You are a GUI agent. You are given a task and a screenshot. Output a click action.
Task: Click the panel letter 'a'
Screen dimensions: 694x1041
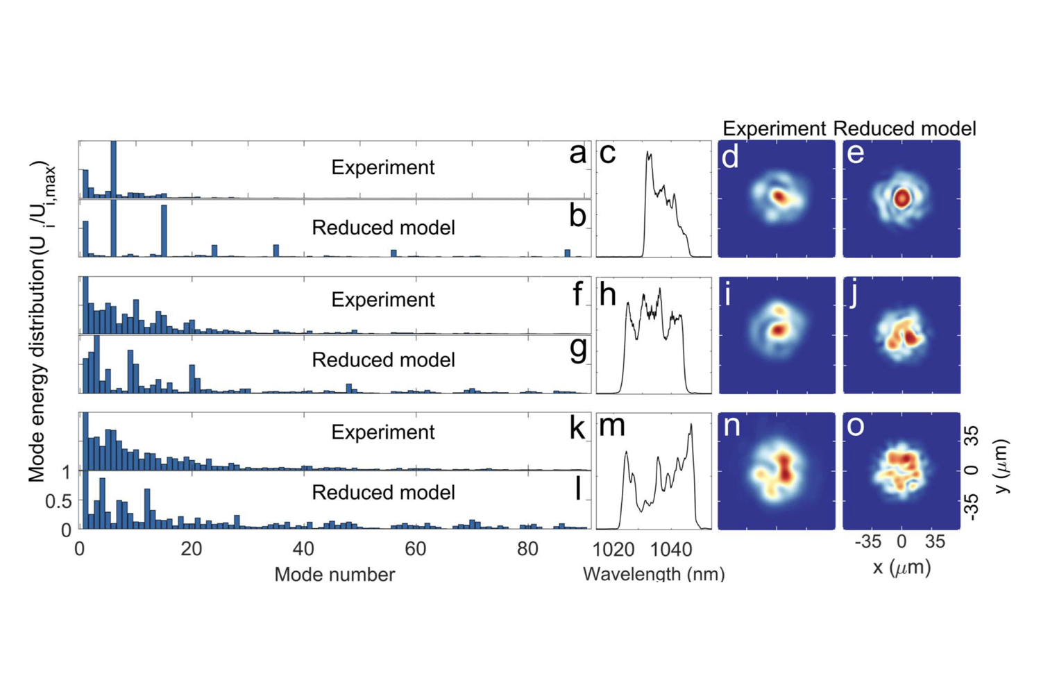tap(577, 153)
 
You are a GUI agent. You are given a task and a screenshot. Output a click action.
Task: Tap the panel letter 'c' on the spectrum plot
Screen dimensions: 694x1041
tap(607, 153)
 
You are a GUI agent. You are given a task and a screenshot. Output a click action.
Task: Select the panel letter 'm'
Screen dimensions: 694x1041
tap(611, 425)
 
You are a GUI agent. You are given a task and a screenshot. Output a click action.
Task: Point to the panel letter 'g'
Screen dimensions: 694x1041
tap(577, 348)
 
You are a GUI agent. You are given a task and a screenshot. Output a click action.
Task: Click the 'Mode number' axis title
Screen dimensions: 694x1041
tap(335, 574)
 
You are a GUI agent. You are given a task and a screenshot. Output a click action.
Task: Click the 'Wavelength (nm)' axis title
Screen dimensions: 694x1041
tap(654, 574)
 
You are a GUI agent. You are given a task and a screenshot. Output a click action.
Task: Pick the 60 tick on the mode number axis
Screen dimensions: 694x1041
tap(415, 549)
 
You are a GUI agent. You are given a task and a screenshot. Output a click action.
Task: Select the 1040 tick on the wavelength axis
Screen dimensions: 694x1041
tap(671, 550)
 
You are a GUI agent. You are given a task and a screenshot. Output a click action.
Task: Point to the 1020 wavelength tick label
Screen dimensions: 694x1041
tap(613, 550)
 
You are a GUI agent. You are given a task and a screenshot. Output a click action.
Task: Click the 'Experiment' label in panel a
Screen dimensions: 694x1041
tap(382, 167)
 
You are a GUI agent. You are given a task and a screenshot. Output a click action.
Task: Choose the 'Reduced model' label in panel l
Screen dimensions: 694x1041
tap(383, 492)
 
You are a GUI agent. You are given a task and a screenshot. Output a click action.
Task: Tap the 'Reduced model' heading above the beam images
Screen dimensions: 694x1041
tap(904, 128)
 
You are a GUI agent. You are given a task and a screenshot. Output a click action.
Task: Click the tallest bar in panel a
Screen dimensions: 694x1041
tap(113, 170)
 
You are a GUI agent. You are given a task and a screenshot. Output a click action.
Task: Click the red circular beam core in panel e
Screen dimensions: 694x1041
tap(902, 198)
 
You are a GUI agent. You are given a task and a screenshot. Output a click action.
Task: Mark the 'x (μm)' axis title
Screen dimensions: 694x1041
tap(902, 568)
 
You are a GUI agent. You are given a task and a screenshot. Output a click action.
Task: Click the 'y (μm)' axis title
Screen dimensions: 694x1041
tap(1001, 466)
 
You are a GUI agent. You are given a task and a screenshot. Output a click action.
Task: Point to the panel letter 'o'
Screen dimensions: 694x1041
tap(856, 425)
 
